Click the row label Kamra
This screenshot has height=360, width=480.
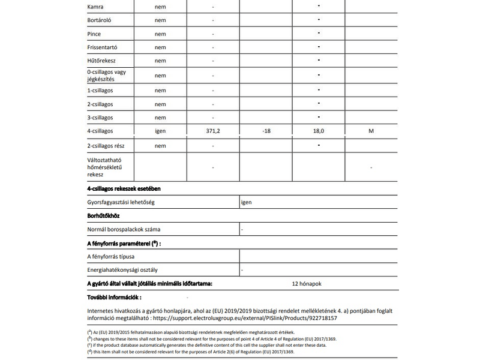tap(95, 7)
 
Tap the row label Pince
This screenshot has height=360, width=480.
tap(94, 34)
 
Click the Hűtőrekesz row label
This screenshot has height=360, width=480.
tap(101, 61)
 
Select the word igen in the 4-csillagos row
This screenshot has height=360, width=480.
tap(160, 131)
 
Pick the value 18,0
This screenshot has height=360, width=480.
tap(319, 131)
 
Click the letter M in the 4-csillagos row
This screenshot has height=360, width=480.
tap(371, 131)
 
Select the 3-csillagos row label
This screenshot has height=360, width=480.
tap(100, 117)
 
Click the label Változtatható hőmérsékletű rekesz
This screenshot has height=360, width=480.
tap(104, 167)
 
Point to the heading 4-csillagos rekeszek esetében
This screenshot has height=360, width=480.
tap(123, 189)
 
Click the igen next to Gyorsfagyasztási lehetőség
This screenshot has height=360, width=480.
tap(246, 202)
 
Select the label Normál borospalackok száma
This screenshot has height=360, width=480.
tap(124, 229)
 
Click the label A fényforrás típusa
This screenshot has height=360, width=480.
tap(110, 256)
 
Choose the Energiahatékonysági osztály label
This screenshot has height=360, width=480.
tap(122, 270)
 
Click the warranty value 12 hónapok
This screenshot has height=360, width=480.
tap(307, 283)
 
